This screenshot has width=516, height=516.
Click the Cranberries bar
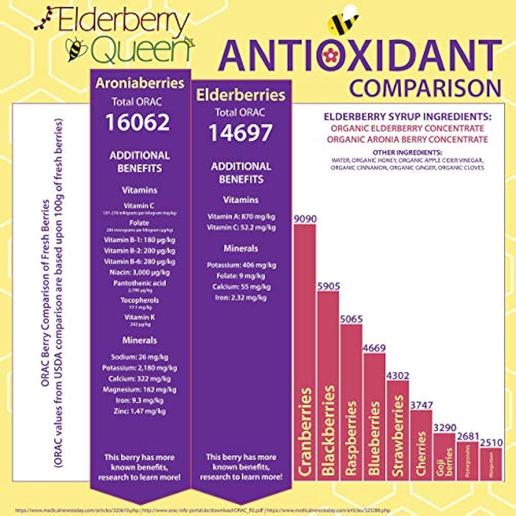pyautogui.click(x=304, y=352)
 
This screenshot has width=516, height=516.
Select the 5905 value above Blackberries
pyautogui.click(x=328, y=286)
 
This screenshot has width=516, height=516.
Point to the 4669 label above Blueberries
pyautogui.click(x=374, y=348)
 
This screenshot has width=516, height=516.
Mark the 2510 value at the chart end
pyautogui.click(x=491, y=443)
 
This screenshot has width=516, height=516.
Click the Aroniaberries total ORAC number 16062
pyautogui.click(x=137, y=122)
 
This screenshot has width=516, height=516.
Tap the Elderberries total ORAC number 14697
pyautogui.click(x=240, y=133)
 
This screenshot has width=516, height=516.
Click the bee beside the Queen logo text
pyautogui.click(x=75, y=50)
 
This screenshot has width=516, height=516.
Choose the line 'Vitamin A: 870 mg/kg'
pyautogui.click(x=241, y=217)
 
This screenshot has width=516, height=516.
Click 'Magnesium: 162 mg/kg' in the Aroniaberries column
pyautogui.click(x=134, y=389)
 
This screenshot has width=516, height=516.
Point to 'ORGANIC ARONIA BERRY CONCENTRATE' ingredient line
pyautogui.click(x=407, y=139)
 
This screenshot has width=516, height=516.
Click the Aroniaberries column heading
pyautogui.click(x=140, y=83)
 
